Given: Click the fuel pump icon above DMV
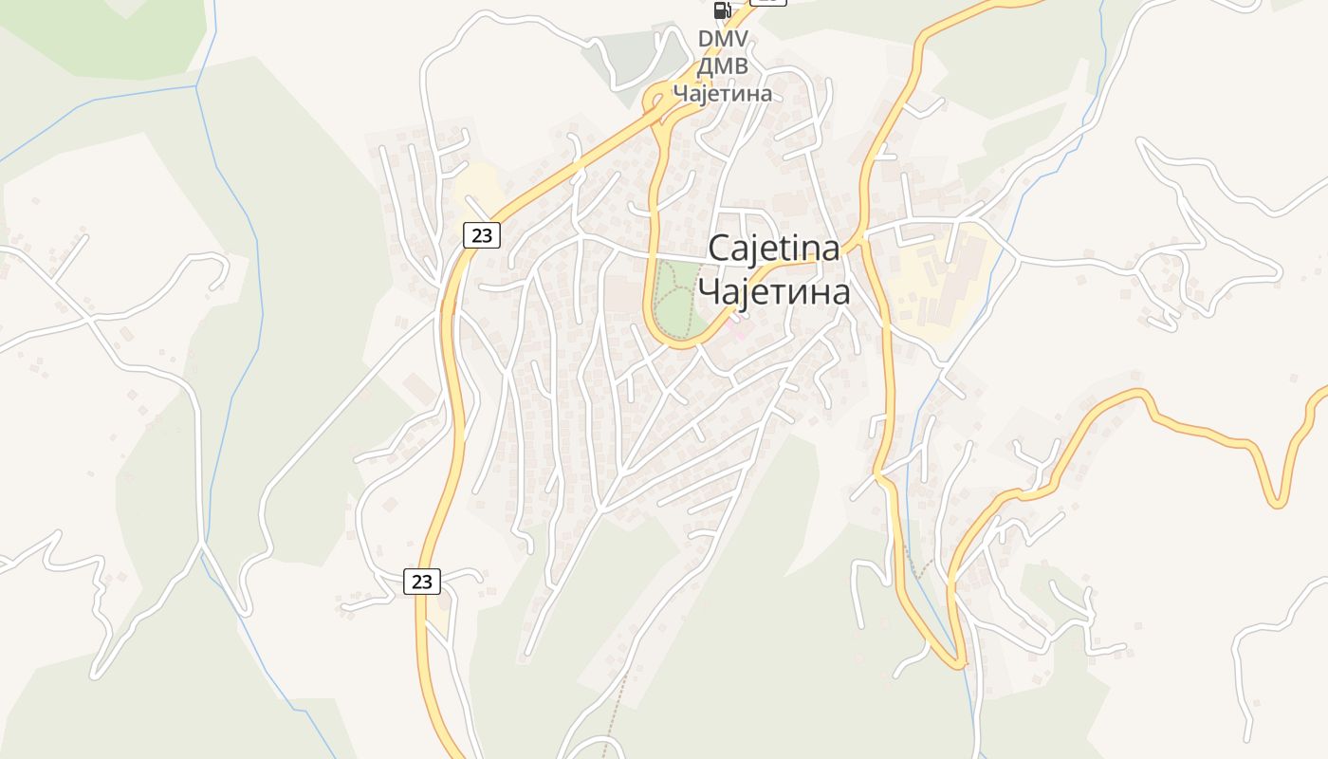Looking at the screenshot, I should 722,10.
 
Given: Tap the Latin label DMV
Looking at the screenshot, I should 723,39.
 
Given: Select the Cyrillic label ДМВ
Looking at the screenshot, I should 723,66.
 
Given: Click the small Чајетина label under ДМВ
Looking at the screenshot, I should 723,93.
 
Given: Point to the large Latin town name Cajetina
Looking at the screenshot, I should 774,250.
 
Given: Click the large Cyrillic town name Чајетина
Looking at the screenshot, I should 774,292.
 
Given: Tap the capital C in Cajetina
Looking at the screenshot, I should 719,250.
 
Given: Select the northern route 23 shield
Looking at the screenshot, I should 482,234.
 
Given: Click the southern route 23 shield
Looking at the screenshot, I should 422,581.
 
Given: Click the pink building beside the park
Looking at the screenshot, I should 739,334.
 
